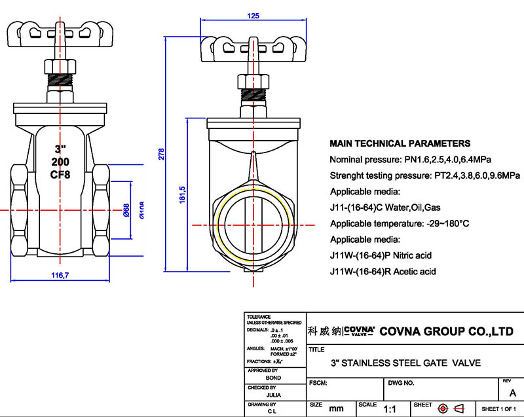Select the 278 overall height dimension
coord(161,154)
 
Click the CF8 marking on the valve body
coord(60,174)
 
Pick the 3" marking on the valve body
coord(60,148)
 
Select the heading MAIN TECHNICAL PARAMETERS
coord(400,143)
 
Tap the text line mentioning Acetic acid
coord(383,271)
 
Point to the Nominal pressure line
coord(411,160)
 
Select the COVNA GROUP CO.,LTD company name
coord(447,331)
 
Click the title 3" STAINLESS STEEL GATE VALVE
coord(404,363)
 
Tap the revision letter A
coord(512,392)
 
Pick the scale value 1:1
coord(390,409)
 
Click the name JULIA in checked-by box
coord(274,395)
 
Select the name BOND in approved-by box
coord(274,378)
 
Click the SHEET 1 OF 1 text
coord(500,409)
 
